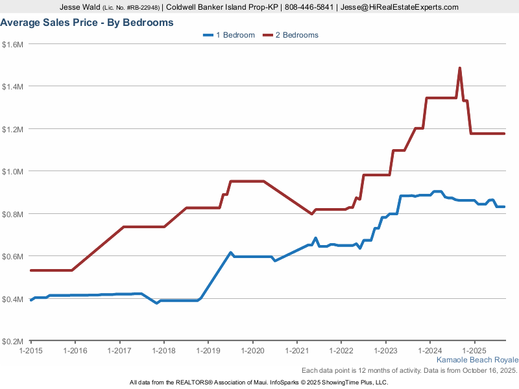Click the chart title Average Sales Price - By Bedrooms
pos(87,23)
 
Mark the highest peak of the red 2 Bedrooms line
pos(460,68)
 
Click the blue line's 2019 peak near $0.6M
pos(230,253)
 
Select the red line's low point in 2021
pos(311,213)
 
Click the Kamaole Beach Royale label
pos(477,360)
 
